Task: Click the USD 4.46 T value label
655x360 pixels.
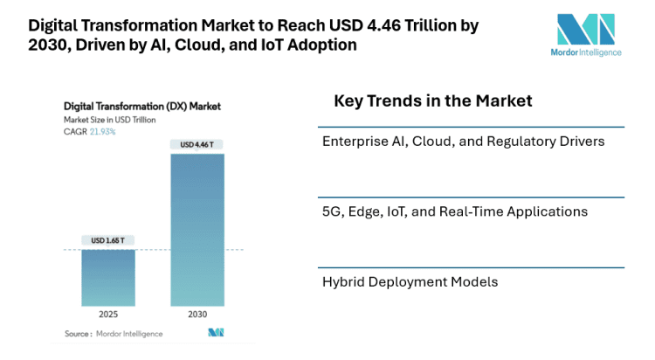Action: click(196, 144)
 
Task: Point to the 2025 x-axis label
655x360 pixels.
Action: click(108, 314)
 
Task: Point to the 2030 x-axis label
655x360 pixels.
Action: click(196, 314)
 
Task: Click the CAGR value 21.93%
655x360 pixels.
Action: click(102, 131)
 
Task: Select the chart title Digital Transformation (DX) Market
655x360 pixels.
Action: click(142, 106)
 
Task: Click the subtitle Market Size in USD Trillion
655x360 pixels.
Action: click(109, 119)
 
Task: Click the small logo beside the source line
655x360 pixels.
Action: click(216, 332)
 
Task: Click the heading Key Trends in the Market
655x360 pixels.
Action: click(432, 101)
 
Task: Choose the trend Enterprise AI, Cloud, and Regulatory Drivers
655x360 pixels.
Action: click(463, 142)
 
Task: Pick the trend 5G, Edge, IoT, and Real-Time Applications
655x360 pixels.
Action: click(454, 211)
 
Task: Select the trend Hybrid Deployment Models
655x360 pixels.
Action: click(410, 281)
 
